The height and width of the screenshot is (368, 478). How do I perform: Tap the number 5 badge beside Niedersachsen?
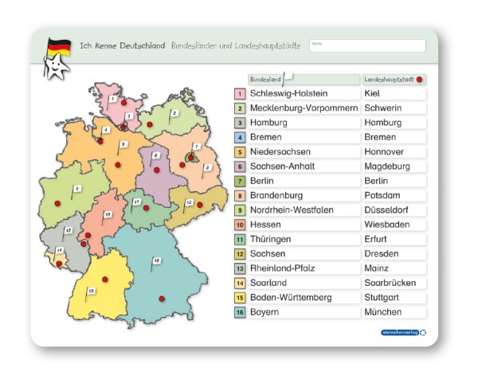coord(239,151)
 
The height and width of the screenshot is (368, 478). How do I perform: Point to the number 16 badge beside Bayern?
coord(239,312)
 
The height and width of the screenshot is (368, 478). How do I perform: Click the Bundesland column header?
coord(265,80)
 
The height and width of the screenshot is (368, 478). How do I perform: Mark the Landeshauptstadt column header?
coord(389,80)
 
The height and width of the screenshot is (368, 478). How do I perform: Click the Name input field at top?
coord(366,46)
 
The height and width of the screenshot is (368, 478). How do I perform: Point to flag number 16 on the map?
coord(156,261)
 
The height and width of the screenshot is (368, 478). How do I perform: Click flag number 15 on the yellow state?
coord(92,292)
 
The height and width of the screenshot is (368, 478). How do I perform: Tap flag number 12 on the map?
coord(188,203)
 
